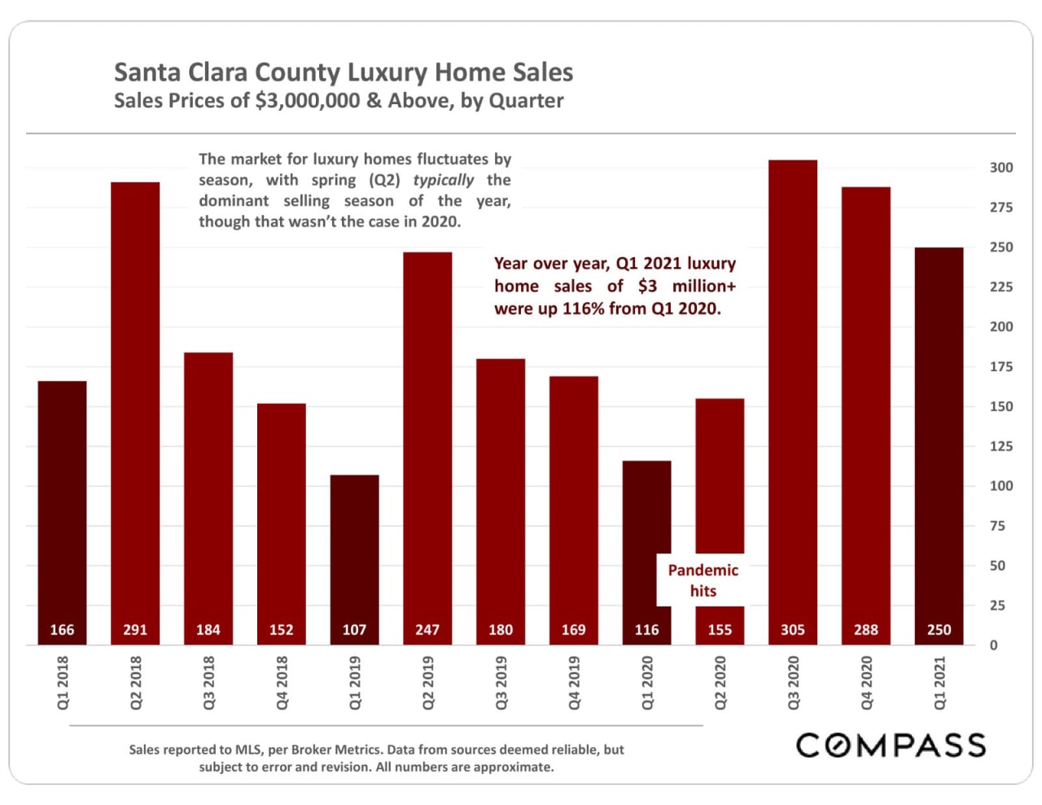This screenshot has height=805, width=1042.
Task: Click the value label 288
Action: point(865,630)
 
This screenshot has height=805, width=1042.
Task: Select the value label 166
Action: point(62,630)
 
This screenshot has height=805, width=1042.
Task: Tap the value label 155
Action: point(720,630)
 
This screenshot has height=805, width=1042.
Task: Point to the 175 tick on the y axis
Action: point(1000,367)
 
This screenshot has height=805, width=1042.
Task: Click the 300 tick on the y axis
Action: point(1000,168)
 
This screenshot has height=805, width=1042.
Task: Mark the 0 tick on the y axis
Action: point(993,645)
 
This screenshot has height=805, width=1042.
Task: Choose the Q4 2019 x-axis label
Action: point(574,683)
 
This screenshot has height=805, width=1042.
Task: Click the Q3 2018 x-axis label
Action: point(208,683)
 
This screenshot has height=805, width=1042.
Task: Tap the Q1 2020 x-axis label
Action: point(647,683)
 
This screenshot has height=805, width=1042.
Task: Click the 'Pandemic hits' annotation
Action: point(703,580)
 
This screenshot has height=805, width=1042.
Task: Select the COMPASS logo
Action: point(891,746)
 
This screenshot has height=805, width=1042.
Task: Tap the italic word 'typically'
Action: point(443,180)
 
